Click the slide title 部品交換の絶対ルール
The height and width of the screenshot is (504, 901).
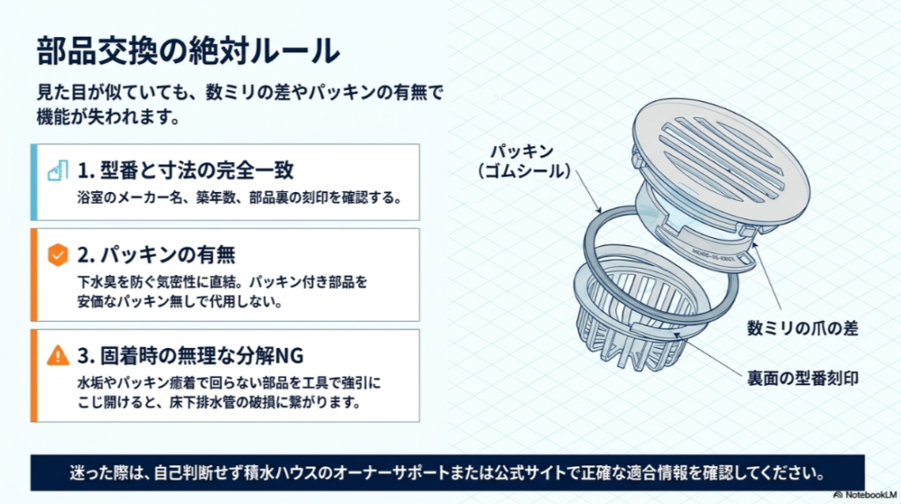[x=188, y=50]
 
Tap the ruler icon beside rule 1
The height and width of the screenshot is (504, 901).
[x=57, y=170]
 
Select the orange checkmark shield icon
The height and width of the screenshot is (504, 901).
[x=57, y=255]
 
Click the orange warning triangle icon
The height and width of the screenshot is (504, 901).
[x=57, y=356]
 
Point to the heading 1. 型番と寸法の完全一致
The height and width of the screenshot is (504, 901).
[x=186, y=170]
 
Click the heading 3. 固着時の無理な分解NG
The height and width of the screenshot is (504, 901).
[x=190, y=356]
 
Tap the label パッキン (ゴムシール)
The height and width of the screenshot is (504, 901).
[x=523, y=161]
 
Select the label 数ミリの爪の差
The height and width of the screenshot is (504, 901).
[x=802, y=329]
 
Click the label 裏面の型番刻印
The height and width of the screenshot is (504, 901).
[x=802, y=378]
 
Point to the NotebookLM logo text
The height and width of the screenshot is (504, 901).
[x=866, y=495]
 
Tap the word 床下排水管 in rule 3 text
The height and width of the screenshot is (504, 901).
[x=201, y=402]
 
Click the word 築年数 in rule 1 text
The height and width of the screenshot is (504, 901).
[x=216, y=198]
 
